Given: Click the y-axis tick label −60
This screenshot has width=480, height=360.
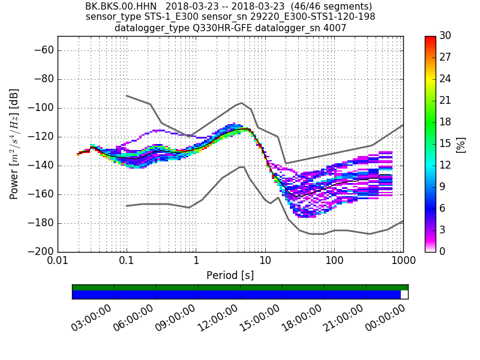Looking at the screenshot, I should point(43,50).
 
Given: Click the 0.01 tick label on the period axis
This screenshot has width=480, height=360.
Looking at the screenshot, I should point(58,262).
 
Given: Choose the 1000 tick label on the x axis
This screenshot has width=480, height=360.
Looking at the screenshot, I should point(403,262).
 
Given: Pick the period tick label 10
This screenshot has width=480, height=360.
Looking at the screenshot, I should point(265,262).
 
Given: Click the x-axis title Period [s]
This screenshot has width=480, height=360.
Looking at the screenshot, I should point(230,275).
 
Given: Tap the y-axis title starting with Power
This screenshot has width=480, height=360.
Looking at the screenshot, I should point(14,144).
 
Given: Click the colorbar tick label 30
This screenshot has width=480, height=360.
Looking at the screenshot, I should point(445,36).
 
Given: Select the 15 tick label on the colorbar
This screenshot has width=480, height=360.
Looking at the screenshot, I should point(445,144).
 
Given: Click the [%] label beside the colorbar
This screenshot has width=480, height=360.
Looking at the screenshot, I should point(461,144).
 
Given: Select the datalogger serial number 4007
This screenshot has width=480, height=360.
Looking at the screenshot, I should point(335,28).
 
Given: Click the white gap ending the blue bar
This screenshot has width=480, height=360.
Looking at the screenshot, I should point(404,295).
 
